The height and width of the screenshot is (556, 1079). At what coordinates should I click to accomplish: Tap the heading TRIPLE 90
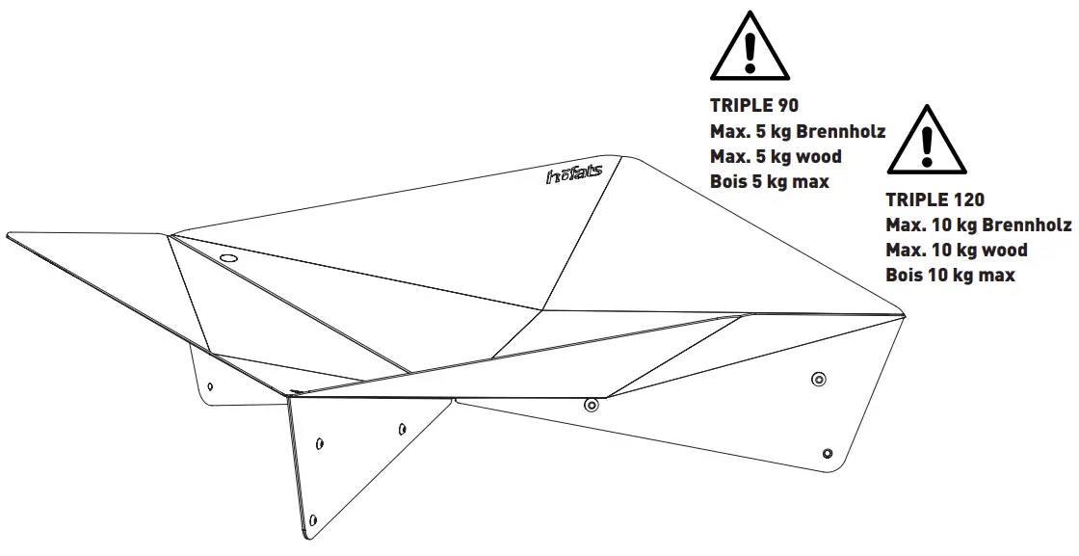754,106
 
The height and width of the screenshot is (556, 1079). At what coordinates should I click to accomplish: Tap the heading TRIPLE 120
934,200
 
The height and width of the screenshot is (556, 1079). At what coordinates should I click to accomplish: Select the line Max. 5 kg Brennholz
798,131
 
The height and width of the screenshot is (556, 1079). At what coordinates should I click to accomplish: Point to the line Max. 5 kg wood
776,156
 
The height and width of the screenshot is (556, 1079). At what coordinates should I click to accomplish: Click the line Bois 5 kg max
769,181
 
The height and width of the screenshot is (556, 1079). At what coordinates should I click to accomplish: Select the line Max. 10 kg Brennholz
978,225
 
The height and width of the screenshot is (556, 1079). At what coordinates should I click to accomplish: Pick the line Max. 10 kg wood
956,251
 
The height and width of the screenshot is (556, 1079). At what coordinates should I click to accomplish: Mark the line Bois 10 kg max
950,276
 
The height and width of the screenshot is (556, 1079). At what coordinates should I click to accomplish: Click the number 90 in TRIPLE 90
787,106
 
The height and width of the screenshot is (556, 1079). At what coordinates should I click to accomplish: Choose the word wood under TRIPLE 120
1004,251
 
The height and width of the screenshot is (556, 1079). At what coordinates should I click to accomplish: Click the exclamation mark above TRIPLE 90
750,50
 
